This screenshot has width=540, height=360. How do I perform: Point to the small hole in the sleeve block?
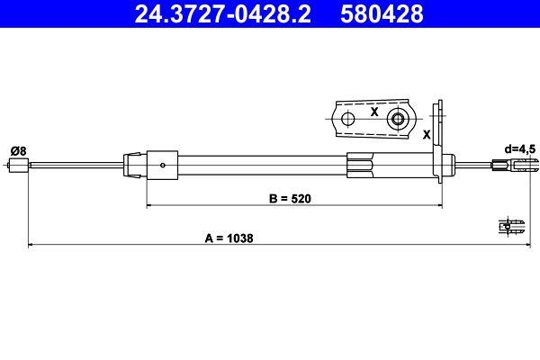tap(162, 165)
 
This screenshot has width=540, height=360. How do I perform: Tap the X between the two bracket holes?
tap(373, 112)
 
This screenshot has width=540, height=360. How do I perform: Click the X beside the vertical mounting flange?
tap(426, 133)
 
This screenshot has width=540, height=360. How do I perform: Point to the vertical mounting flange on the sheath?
tap(440, 144)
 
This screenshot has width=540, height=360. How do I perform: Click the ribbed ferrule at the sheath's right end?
tap(360, 165)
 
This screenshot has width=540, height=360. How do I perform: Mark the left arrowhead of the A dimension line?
tap(32, 244)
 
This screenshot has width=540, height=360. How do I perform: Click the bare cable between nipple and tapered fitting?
tap(76, 165)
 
